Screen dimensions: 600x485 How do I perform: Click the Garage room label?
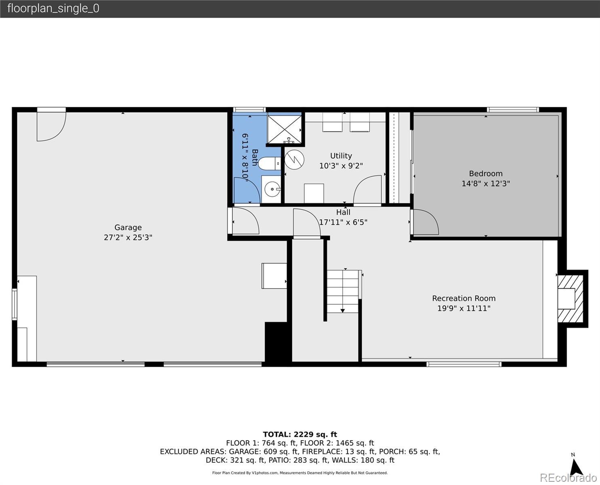(x=128, y=227)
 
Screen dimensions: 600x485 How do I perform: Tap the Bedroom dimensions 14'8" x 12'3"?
(x=486, y=183)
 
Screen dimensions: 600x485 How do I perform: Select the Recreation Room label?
(x=464, y=298)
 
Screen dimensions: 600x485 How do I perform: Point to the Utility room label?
(x=341, y=156)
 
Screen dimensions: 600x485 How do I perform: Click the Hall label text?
(x=343, y=212)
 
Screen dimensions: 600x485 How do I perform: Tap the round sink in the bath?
(x=272, y=189)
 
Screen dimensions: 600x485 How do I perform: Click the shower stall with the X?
(x=284, y=129)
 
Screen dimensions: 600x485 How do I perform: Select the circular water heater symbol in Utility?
(x=294, y=160)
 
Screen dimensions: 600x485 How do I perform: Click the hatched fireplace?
(x=570, y=299)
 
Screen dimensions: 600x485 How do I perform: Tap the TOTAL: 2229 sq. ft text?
(x=300, y=434)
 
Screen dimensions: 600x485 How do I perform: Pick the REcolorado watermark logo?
(x=568, y=477)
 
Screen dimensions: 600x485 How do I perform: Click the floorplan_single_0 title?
(x=53, y=8)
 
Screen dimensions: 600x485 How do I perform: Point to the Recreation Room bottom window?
(x=464, y=364)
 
